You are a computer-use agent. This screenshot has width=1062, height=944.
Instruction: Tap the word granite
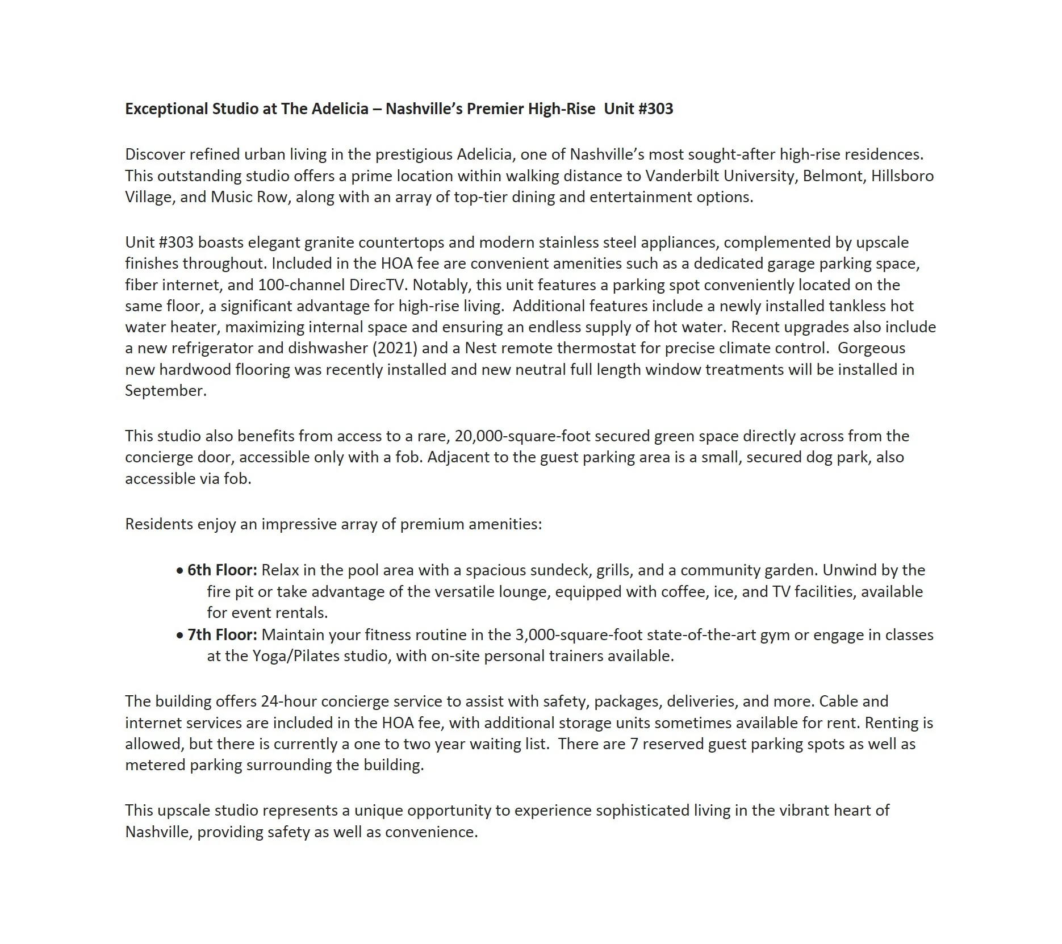point(329,243)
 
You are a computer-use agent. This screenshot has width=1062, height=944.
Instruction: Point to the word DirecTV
point(379,285)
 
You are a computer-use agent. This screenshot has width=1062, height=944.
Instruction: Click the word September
point(165,391)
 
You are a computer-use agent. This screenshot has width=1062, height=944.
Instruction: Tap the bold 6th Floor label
point(222,570)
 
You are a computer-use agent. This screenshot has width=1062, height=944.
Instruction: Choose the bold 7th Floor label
point(222,635)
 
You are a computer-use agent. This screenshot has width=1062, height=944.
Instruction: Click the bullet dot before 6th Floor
point(179,570)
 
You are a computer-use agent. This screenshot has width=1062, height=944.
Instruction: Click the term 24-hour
point(289,701)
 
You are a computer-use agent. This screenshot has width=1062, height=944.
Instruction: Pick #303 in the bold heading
point(656,109)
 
